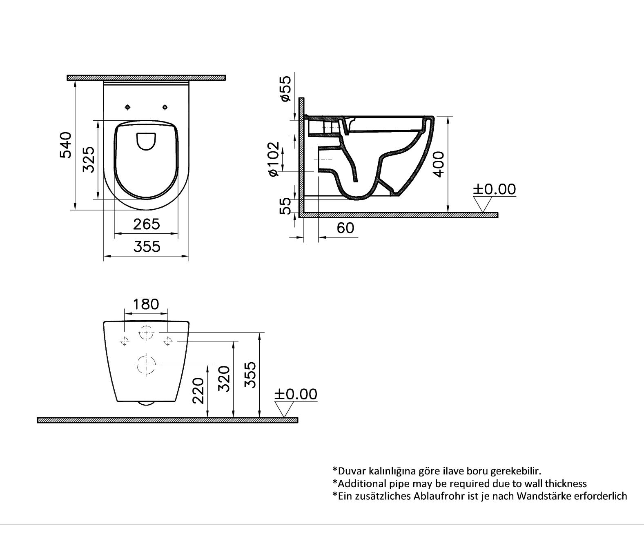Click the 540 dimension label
66,145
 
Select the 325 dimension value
89,160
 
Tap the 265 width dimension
146,224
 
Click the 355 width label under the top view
147,247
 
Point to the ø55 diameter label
285,88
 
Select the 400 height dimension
438,164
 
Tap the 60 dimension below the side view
345,228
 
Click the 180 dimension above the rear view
146,304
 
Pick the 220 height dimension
198,390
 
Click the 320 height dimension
224,379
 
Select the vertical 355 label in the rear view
250,374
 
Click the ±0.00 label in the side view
494,189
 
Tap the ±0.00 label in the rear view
296,394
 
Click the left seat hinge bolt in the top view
128,107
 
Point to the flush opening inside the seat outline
146,141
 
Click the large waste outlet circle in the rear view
146,364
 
